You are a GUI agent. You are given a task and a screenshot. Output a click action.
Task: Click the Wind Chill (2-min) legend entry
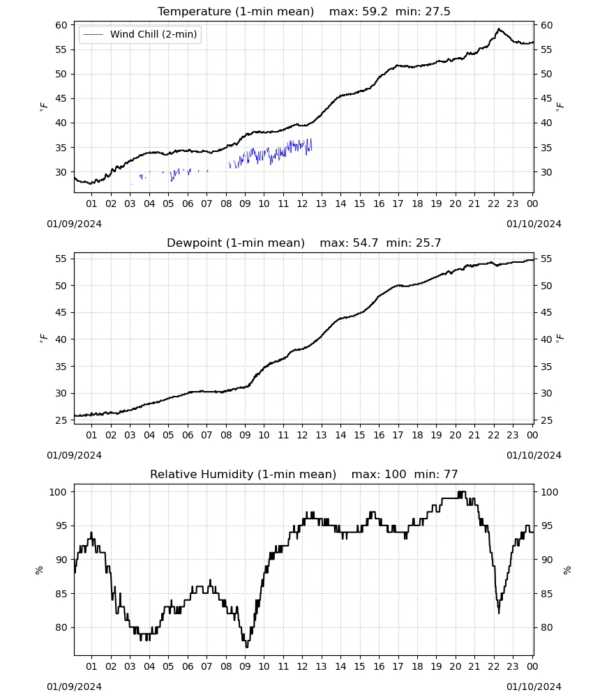140,34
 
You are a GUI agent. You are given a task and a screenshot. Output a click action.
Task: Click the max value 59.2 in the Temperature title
375,12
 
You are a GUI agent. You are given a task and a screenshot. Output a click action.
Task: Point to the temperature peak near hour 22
499,29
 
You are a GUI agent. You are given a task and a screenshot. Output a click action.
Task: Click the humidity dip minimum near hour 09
247,647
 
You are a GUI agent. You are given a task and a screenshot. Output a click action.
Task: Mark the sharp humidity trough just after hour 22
499,613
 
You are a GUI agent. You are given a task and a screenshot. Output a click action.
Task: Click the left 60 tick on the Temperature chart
61,25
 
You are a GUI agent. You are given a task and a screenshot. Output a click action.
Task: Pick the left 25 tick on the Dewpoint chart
61,420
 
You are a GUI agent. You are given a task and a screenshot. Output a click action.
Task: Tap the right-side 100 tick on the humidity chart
549,492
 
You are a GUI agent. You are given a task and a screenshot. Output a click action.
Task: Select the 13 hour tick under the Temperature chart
321,204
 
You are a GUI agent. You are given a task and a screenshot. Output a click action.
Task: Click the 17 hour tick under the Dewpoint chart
398,435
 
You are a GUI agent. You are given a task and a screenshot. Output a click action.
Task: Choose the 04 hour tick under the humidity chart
149,666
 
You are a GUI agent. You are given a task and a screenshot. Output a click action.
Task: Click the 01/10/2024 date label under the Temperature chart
534,224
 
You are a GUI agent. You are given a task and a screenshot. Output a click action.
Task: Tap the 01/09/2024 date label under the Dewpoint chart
74,455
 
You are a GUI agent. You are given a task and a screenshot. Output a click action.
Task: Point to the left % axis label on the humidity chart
39,570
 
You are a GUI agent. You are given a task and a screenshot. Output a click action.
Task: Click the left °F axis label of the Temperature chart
43,107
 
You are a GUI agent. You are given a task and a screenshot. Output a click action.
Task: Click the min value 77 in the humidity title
451,474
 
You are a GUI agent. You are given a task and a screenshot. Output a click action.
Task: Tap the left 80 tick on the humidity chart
61,628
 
